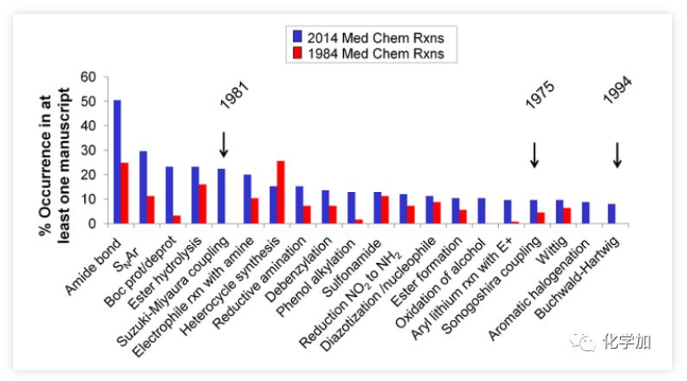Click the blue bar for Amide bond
[117, 162]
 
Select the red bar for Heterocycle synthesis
[281, 192]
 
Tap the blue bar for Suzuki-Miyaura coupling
[221, 196]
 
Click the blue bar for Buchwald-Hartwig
[612, 214]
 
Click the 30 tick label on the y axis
[90, 150]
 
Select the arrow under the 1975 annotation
[534, 154]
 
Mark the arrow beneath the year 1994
[617, 154]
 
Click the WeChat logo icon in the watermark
[584, 341]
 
